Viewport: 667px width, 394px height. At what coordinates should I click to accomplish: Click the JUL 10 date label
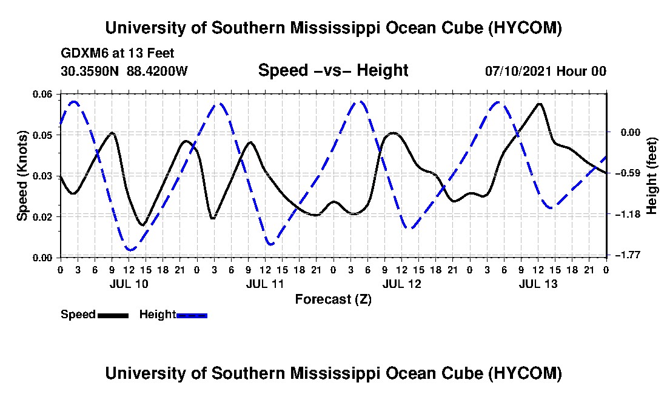129,284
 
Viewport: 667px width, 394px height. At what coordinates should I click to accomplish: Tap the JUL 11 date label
265,284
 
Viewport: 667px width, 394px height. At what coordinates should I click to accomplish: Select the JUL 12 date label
401,284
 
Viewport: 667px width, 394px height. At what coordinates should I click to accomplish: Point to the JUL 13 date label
538,284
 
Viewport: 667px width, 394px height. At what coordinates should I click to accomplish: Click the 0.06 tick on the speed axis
42,94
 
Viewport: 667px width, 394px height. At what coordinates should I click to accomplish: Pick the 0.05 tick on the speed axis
42,135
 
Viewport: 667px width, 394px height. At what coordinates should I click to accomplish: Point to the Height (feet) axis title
652,176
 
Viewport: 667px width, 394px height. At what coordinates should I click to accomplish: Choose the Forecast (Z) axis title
333,299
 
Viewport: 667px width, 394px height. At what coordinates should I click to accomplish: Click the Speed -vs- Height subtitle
333,70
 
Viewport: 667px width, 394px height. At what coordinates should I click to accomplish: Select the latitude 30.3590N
89,71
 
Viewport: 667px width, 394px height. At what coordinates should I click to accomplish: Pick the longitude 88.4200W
157,71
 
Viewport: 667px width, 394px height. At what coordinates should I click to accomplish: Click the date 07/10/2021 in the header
518,71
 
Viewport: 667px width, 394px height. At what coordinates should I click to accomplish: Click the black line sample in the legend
113,315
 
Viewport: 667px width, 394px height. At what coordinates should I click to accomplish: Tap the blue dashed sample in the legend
192,315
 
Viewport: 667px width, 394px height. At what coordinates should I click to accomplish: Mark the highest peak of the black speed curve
540,103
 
